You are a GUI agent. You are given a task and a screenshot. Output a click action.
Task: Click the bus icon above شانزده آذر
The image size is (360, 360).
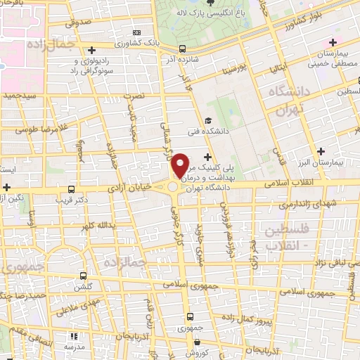pos(183,49)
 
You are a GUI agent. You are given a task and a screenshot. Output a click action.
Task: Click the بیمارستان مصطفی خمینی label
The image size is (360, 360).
pos(330,60)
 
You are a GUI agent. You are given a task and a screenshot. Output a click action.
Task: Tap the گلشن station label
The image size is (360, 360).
pos(84,288)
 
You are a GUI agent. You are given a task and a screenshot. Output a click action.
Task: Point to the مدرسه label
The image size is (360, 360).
pos(75,347)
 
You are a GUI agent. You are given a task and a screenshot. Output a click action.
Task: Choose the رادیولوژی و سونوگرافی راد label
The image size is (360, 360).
pos(100,66)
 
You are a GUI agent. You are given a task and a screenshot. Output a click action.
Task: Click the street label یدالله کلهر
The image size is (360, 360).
pos(96,226)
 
